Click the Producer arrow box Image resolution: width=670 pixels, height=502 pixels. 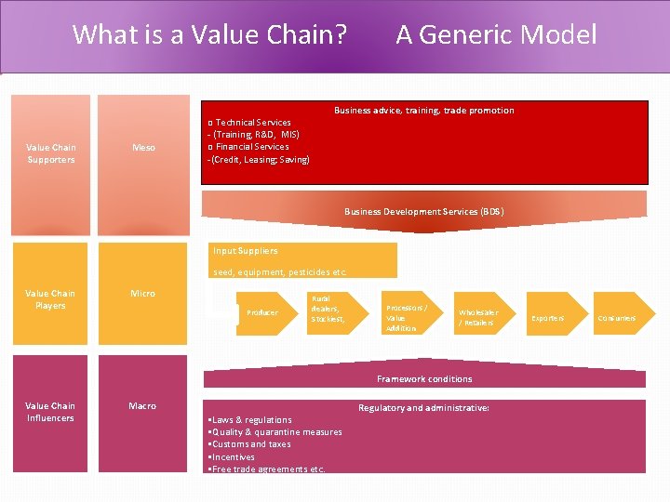[261, 312]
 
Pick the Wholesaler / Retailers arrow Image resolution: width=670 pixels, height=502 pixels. [478, 317]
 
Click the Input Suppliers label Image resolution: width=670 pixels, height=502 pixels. [246, 251]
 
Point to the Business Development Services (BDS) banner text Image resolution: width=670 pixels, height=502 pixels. [423, 212]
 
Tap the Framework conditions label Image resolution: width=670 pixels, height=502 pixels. [423, 379]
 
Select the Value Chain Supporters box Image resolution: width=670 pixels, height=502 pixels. [51, 153]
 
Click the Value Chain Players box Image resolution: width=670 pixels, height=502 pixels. [50, 299]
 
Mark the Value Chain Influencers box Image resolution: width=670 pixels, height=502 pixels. [50, 412]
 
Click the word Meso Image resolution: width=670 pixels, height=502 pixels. [143, 148]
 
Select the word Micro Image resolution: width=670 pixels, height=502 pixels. [142, 294]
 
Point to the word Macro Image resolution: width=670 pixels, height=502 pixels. [142, 406]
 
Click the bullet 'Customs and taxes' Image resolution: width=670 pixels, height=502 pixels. [250, 444]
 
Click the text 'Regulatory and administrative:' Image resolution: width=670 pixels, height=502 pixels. [423, 408]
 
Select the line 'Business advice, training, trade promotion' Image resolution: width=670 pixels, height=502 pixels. [423, 111]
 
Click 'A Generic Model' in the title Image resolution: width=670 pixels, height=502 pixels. [496, 35]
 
